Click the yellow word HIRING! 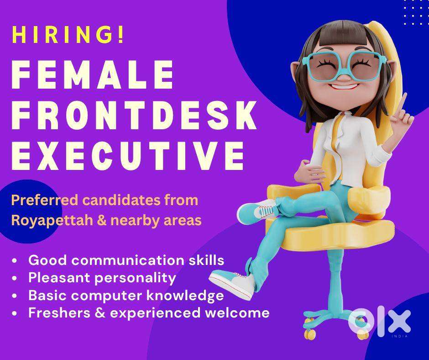point(68,35)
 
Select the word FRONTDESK point(134,115)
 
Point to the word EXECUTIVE point(128,156)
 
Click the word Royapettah point(52,221)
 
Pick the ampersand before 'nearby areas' point(101,220)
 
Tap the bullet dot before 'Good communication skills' point(15,260)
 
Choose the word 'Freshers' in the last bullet point(59,312)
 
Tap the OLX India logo point(380,323)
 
